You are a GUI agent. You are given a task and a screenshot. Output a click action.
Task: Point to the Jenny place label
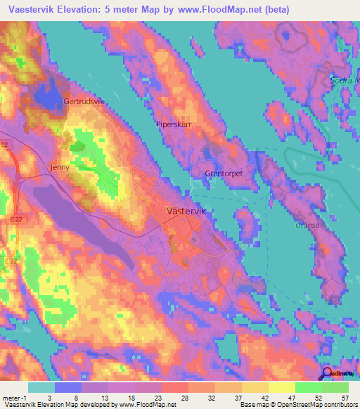coord(61,168)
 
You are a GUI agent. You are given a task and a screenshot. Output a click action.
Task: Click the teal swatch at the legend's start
coord(41,387)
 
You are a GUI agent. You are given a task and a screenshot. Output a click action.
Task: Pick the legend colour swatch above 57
coord(336,387)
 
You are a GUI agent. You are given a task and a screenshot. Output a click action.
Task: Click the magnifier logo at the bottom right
coord(328,374)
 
